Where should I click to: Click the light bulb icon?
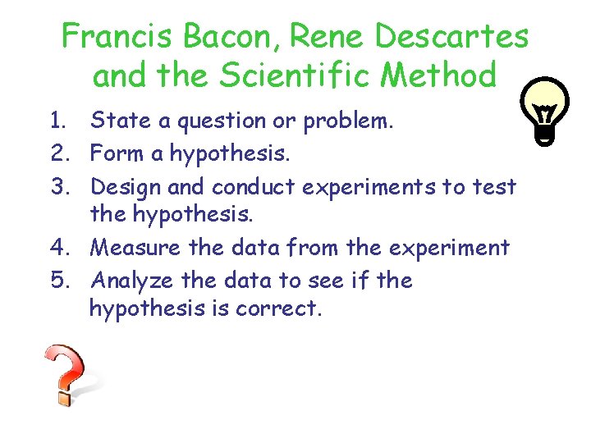(x=545, y=111)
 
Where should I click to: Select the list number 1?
(x=56, y=122)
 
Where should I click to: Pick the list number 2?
(x=57, y=153)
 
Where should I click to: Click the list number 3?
(x=57, y=186)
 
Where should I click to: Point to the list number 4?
(x=57, y=247)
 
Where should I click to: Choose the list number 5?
(x=57, y=281)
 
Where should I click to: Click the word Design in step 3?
(x=126, y=187)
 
